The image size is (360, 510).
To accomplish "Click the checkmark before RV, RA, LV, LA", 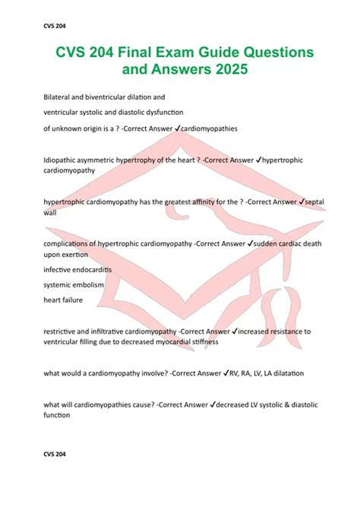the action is [x=226, y=373].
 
